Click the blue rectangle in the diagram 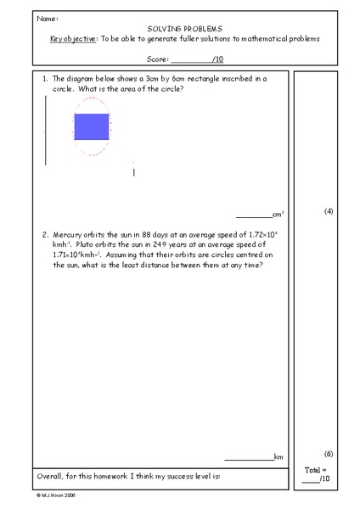(92, 126)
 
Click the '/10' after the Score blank (218, 59)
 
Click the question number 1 (44, 78)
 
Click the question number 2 (44, 233)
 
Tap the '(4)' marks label (329, 210)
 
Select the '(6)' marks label (329, 454)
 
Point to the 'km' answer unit (278, 456)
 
